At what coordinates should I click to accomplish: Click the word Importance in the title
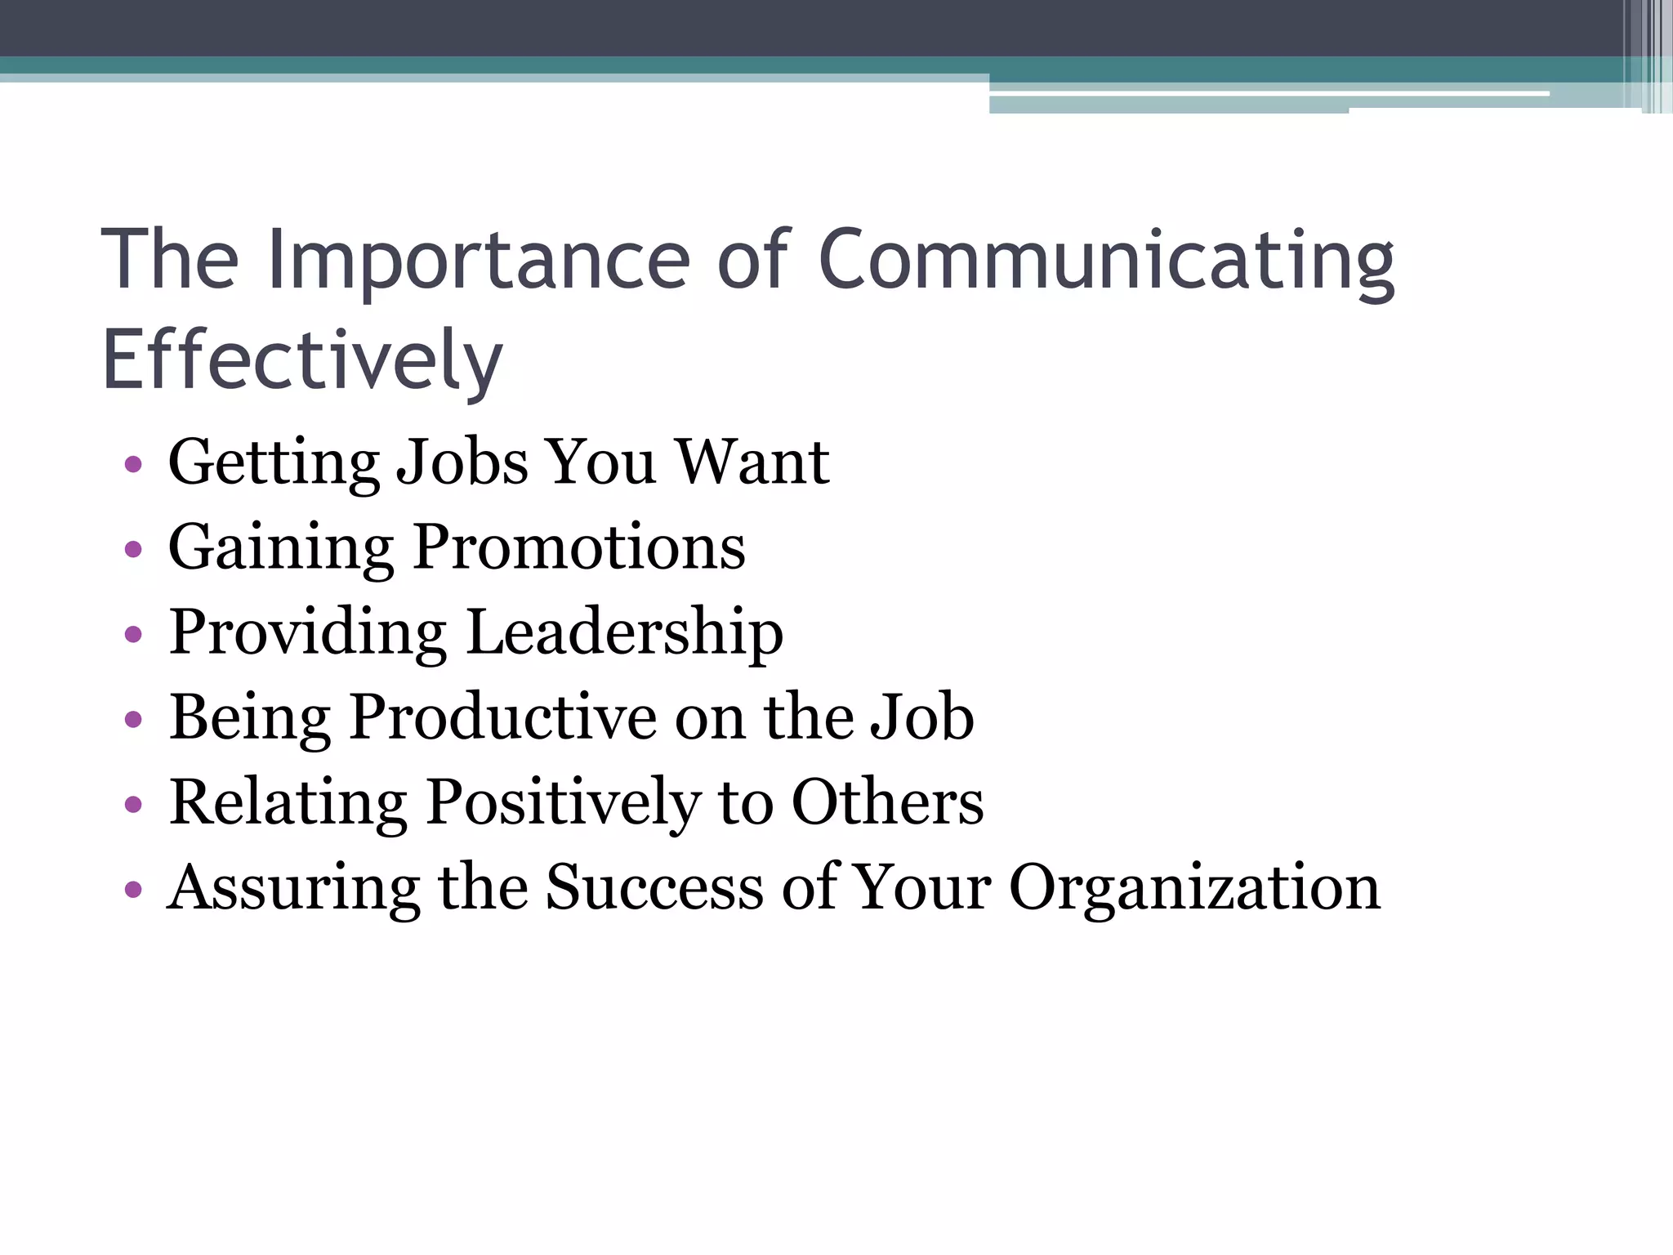click(480, 260)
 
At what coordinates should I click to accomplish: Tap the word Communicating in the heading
click(1106, 260)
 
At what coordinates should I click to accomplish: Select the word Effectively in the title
click(302, 360)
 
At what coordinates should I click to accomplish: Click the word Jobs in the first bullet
click(462, 462)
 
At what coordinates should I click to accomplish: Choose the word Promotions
click(579, 547)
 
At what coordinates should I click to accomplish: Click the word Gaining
click(281, 547)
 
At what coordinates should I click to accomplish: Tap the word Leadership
click(625, 632)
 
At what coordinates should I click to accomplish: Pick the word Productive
click(502, 717)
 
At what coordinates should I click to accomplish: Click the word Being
click(250, 717)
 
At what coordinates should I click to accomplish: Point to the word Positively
click(564, 802)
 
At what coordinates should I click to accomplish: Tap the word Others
click(888, 802)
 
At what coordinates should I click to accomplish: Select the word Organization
click(1194, 888)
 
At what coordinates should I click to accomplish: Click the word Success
click(654, 887)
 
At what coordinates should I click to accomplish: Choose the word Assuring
click(294, 888)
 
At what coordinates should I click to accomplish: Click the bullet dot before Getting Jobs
click(134, 466)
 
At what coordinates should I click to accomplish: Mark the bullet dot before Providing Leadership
click(134, 635)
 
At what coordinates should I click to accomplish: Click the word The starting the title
click(170, 260)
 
